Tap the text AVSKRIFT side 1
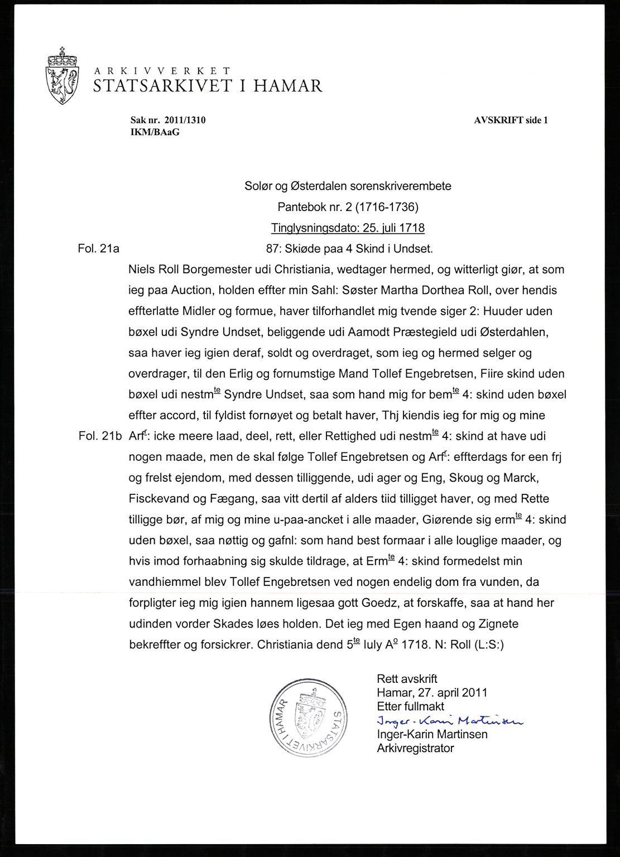511,120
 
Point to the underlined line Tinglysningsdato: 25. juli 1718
348,228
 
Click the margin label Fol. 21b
100,436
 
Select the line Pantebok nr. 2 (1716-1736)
348,207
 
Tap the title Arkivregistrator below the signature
415,748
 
